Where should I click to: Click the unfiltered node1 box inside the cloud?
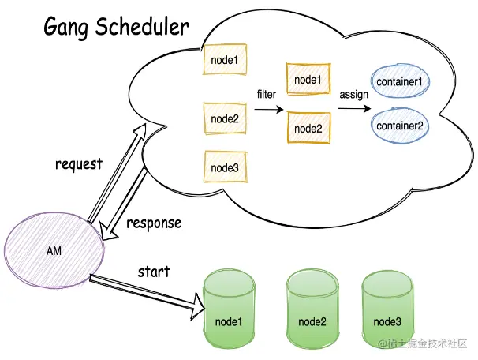point(224,60)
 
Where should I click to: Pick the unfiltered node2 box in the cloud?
point(224,118)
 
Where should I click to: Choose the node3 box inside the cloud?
point(224,167)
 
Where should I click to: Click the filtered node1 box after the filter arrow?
point(307,80)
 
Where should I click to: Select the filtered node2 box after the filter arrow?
point(307,128)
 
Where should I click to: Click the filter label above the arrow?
point(267,95)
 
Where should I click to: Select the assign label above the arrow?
point(353,95)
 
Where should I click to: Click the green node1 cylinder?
point(228,309)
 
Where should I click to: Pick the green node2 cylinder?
point(312,309)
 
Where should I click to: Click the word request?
point(79,164)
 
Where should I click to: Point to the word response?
point(154,223)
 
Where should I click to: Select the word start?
point(153,272)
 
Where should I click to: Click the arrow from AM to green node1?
point(142,290)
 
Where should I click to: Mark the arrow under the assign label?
point(353,110)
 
